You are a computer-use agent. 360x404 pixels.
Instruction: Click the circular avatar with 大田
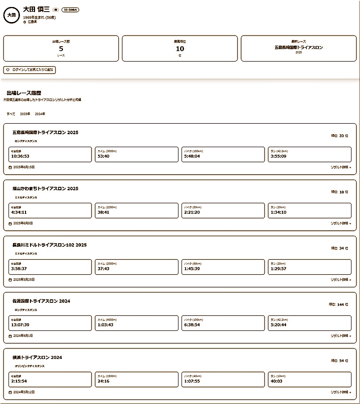click(11, 15)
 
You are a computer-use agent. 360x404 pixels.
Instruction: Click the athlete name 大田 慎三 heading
click(36, 10)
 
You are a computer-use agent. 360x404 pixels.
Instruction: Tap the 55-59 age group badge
click(70, 10)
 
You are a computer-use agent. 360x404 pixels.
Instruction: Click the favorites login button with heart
click(29, 70)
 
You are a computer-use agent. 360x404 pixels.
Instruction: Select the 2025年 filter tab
click(25, 114)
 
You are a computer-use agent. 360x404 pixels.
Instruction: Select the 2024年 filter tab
click(40, 114)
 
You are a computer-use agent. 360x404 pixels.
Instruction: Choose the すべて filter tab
click(10, 114)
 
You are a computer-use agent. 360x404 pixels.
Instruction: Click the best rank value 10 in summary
click(180, 49)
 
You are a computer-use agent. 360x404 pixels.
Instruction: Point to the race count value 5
click(61, 49)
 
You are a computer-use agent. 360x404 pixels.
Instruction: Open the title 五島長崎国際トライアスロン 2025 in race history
click(45, 133)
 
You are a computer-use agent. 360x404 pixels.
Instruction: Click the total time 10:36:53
click(20, 156)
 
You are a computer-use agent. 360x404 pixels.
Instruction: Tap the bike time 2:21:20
click(192, 212)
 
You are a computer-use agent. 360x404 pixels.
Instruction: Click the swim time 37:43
click(103, 268)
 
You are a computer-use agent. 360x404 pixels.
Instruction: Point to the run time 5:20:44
click(278, 325)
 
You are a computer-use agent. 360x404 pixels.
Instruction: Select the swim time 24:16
click(103, 381)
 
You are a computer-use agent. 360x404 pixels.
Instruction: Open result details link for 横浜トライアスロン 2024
click(340, 392)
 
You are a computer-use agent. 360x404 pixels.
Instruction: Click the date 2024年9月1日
click(24, 336)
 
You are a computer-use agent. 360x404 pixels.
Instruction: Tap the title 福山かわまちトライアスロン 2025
click(45, 189)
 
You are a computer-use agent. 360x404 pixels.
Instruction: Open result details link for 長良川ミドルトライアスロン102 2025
click(340, 280)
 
